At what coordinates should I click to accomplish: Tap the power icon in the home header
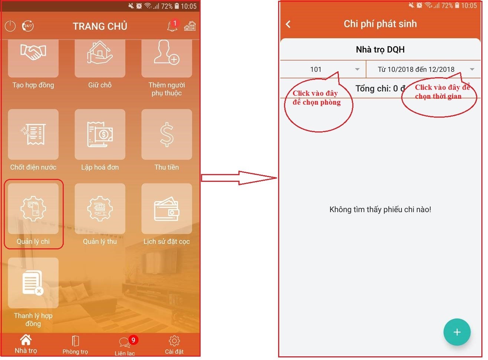tap(10, 26)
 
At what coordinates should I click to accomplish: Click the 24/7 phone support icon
tap(28, 26)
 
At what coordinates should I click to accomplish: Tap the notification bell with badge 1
tap(172, 26)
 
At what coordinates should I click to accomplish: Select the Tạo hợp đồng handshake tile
tap(33, 58)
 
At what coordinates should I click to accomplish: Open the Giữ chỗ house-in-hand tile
tap(100, 58)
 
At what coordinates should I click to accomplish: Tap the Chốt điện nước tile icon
tap(33, 134)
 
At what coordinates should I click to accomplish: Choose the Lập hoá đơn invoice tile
tap(100, 134)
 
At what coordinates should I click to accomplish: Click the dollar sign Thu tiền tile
tap(166, 134)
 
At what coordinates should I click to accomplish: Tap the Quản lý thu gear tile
tap(100, 209)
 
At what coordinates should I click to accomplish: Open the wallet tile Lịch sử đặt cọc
tap(166, 209)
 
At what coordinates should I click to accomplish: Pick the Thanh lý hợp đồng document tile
tap(33, 283)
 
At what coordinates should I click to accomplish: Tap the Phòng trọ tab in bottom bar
tap(75, 345)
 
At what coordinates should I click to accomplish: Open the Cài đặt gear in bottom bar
tap(174, 341)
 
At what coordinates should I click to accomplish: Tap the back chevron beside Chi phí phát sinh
tap(288, 24)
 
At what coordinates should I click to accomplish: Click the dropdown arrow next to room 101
tap(357, 69)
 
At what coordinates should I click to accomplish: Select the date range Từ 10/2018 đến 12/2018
tap(416, 69)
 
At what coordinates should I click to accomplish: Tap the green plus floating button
tap(457, 332)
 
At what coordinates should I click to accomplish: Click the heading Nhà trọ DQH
tap(380, 49)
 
